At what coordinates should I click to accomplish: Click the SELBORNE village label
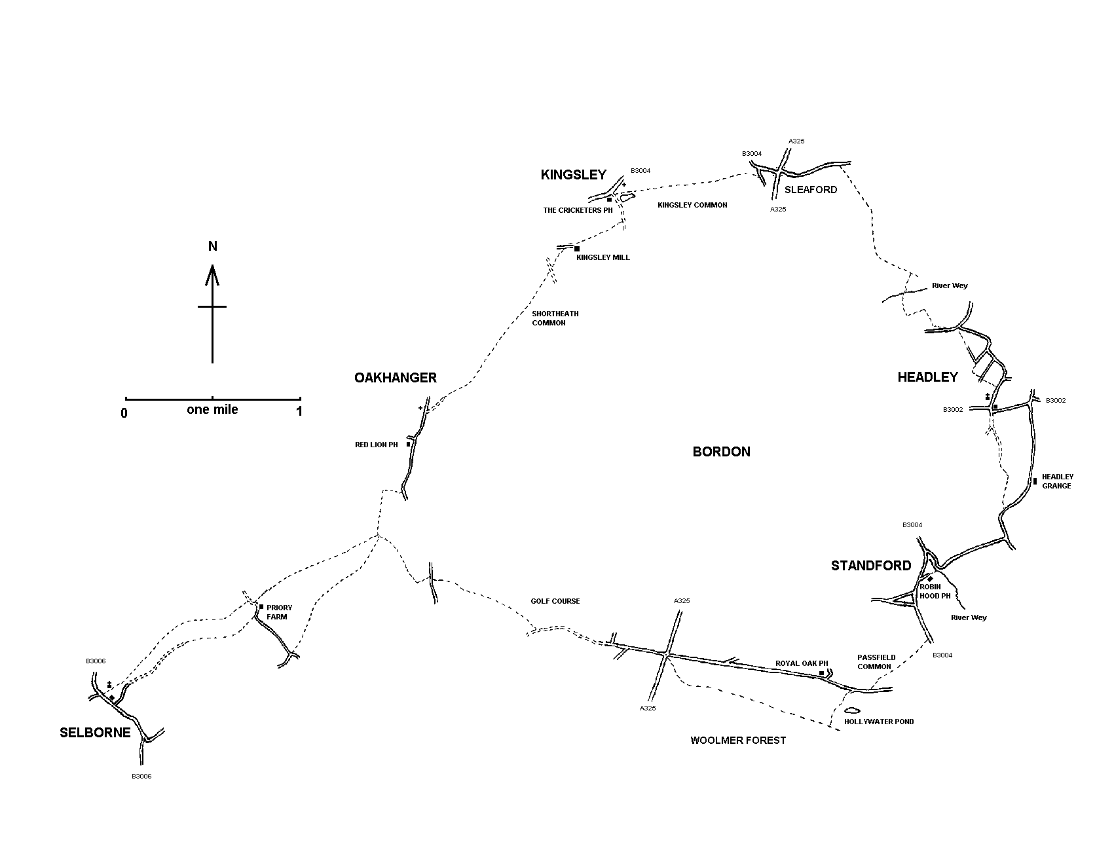[95, 733]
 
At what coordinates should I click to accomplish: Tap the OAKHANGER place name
[395, 378]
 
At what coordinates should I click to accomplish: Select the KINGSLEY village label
[573, 175]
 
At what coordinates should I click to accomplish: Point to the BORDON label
[721, 452]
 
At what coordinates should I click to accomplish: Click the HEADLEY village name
[927, 377]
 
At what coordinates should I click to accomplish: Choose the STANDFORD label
[870, 566]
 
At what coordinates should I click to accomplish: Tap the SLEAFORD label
[810, 190]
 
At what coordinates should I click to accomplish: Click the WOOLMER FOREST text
[738, 741]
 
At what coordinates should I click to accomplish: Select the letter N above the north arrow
[212, 246]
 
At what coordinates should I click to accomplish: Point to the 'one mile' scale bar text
[212, 410]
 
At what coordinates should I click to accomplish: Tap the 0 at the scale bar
[124, 413]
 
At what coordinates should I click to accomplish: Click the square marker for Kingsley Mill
[576, 249]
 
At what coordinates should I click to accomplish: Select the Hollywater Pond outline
[851, 710]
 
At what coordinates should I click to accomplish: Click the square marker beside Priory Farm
[261, 607]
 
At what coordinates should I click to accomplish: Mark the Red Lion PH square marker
[408, 444]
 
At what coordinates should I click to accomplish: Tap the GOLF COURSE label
[555, 601]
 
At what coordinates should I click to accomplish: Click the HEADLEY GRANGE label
[1057, 481]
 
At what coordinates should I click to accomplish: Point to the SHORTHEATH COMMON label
[555, 318]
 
